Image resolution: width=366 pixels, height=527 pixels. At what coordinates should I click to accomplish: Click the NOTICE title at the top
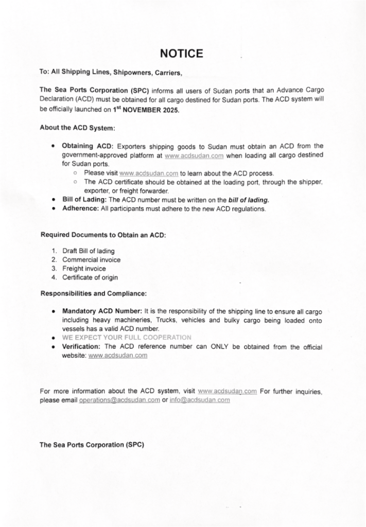click(x=182, y=54)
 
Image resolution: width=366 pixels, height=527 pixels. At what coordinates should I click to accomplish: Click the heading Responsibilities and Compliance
click(x=93, y=294)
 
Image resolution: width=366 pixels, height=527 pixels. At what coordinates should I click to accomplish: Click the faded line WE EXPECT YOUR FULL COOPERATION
click(x=127, y=338)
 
